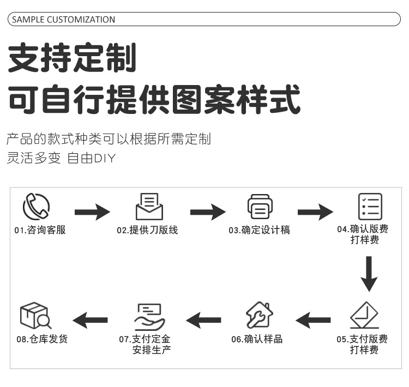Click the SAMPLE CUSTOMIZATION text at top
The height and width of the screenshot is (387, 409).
click(64, 20)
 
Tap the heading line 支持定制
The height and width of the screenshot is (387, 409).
click(71, 59)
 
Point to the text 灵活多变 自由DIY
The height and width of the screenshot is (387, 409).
click(62, 159)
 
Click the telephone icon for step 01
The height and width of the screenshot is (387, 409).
click(36, 207)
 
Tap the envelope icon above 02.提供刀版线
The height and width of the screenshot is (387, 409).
click(149, 207)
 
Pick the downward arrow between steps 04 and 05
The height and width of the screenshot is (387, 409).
click(369, 274)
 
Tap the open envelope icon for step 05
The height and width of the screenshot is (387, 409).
click(364, 315)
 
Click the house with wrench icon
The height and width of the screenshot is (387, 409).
click(259, 316)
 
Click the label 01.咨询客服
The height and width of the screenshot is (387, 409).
click(40, 230)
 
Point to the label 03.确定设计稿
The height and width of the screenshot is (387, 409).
click(259, 230)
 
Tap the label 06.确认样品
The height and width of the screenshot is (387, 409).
click(257, 339)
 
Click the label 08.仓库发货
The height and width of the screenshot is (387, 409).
click(42, 339)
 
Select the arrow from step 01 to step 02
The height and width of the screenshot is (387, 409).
click(92, 211)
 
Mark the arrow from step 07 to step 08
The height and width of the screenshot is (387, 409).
click(91, 319)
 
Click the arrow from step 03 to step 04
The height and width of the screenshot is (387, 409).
click(315, 211)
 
